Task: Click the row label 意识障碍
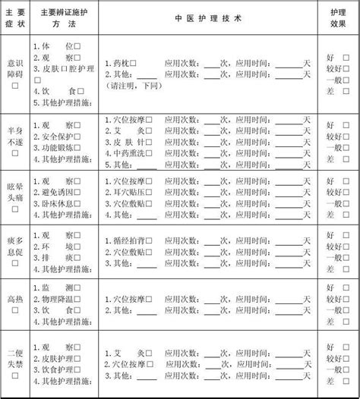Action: point(15,67)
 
